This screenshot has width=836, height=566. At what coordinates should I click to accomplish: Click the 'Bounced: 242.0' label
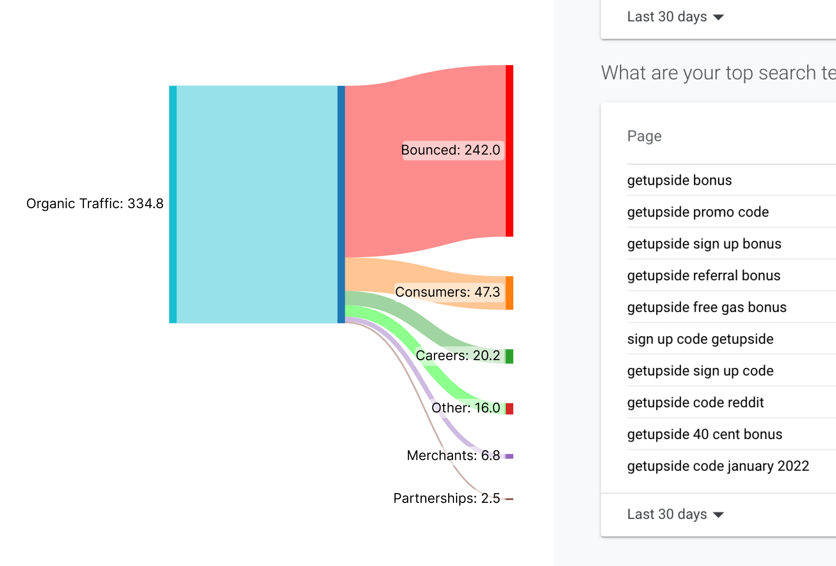[x=451, y=150]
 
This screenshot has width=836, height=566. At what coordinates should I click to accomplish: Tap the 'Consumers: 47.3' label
[x=447, y=292]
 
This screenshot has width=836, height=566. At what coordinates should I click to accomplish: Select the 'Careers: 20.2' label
[x=458, y=355]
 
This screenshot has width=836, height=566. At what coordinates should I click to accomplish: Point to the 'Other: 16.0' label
[x=466, y=408]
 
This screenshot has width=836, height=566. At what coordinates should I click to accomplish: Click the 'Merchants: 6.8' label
[x=453, y=455]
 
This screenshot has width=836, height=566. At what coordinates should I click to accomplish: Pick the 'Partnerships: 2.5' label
[x=446, y=498]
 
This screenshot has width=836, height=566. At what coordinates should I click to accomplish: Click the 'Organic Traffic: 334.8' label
[x=95, y=204]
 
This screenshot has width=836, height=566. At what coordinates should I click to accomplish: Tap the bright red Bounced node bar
[x=509, y=151]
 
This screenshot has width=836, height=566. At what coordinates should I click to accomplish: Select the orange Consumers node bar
[x=509, y=293]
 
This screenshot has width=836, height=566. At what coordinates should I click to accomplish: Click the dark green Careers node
[x=509, y=357]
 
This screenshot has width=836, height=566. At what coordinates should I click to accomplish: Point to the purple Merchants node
[x=509, y=456]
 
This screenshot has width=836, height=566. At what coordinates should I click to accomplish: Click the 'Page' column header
[x=644, y=136]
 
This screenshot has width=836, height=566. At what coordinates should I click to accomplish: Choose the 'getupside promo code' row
[x=698, y=212]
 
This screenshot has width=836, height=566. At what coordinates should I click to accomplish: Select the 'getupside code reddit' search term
[x=695, y=403]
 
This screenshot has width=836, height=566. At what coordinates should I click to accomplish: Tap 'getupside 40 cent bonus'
[x=704, y=434]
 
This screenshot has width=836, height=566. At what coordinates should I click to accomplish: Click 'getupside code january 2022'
[x=718, y=466]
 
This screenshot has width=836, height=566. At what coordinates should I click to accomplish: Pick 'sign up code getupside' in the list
[x=700, y=339]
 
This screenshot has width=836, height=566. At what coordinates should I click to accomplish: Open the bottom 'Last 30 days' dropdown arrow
[x=718, y=515]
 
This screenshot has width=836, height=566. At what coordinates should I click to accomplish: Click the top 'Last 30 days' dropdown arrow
[x=718, y=17]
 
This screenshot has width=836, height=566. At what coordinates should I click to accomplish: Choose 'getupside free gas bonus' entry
[x=706, y=307]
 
